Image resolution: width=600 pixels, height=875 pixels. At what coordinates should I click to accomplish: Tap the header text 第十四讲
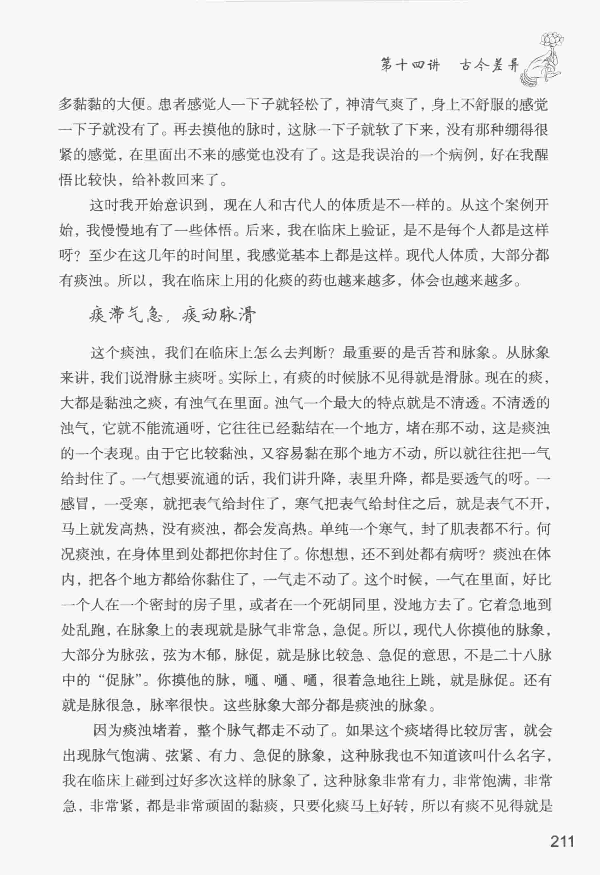point(410,65)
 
